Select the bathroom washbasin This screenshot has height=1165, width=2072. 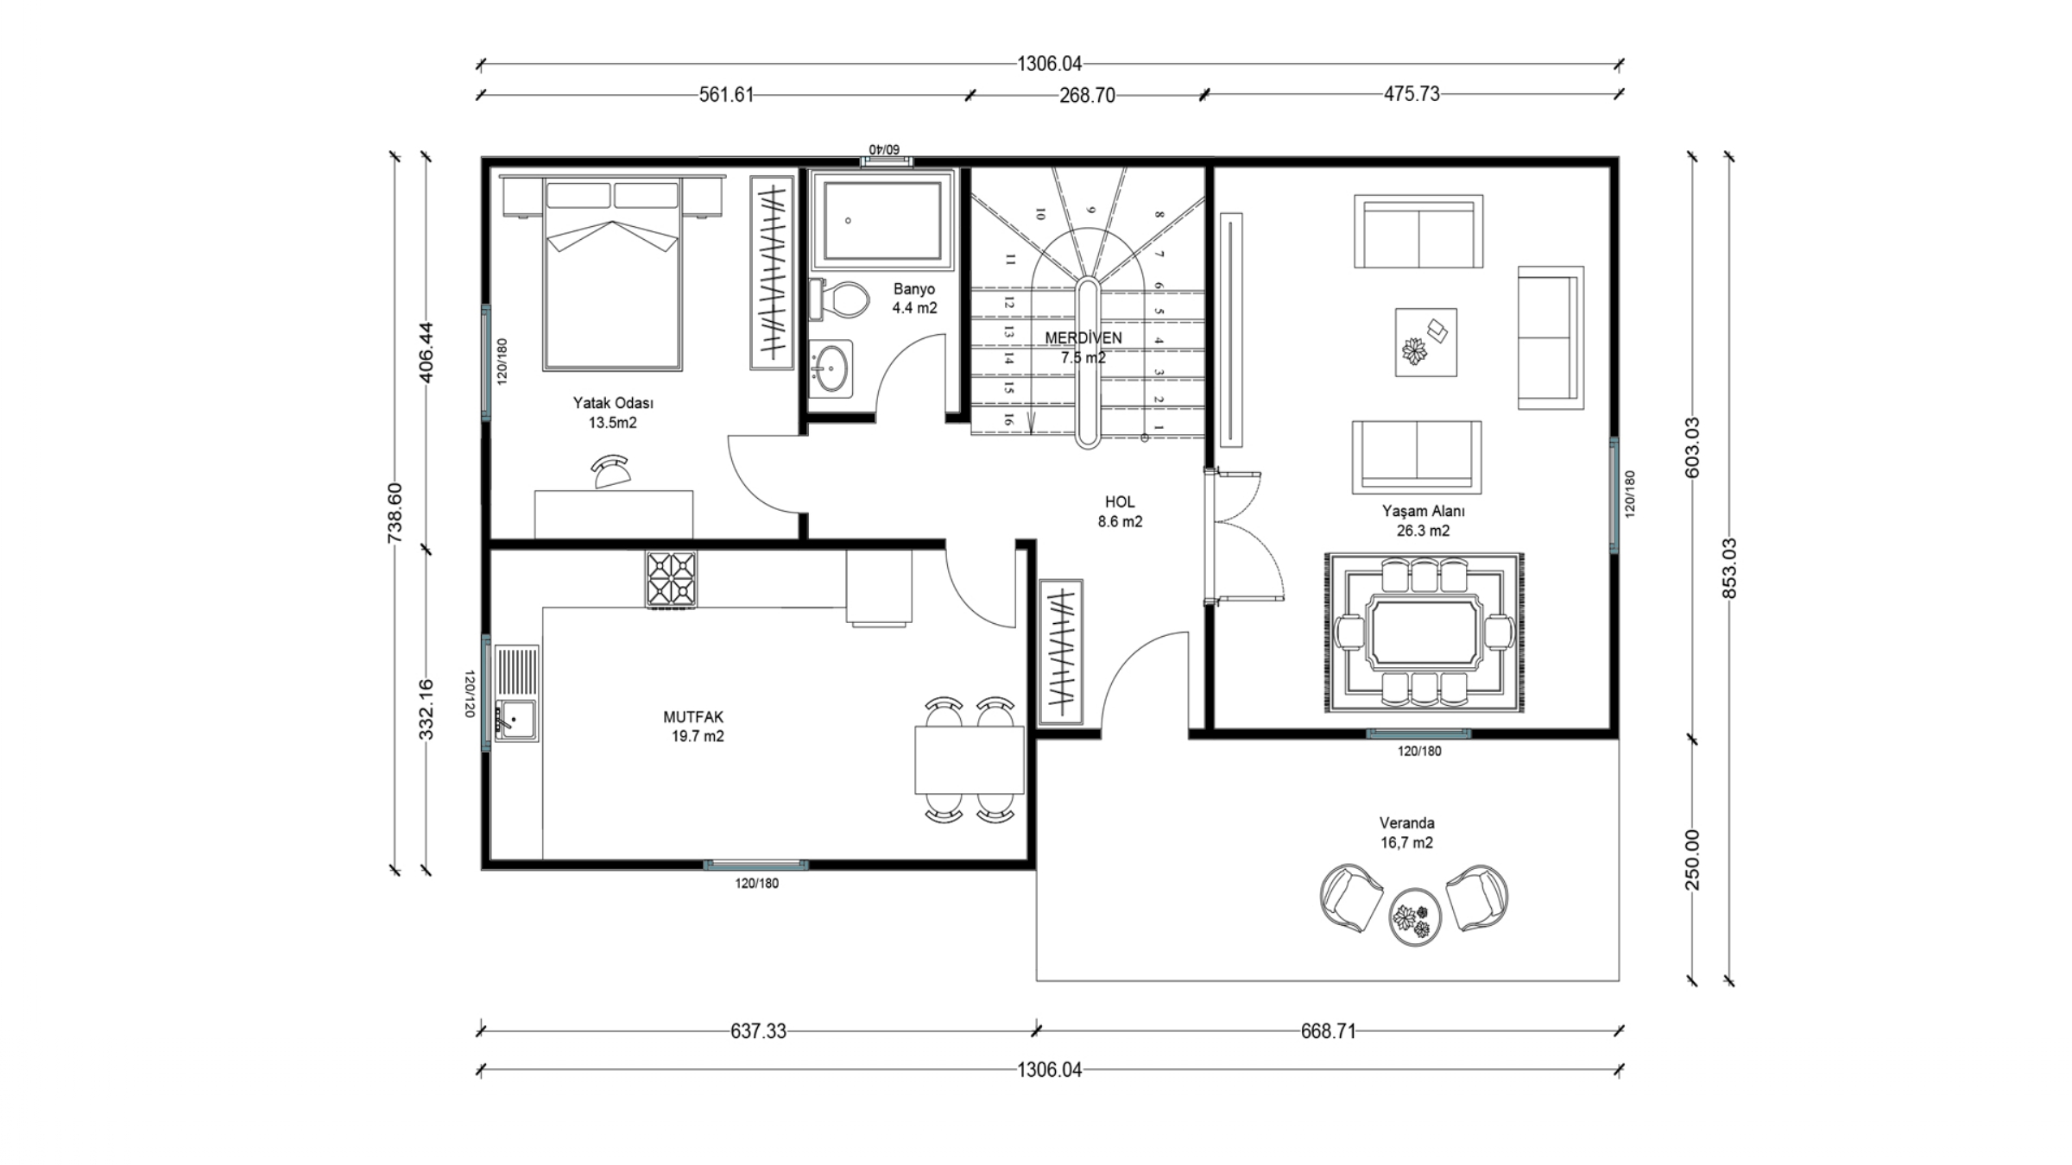coord(831,368)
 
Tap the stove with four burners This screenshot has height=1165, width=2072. coord(671,578)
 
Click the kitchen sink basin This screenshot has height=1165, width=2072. coord(516,719)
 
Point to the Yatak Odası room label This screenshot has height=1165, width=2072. coord(613,403)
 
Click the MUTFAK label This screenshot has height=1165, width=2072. coord(693,717)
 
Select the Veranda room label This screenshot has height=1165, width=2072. coord(1406,823)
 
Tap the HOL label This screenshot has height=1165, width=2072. coord(1120,502)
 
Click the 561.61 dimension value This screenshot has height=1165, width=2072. coord(726,95)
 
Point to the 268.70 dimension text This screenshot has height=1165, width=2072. coord(1087,96)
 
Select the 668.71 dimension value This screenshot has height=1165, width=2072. coord(1328,1031)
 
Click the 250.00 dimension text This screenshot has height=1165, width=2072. coord(1692,860)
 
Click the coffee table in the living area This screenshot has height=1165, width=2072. coord(1425,343)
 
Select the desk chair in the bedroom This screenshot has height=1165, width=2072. coord(612,471)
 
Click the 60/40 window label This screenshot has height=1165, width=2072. coord(885,150)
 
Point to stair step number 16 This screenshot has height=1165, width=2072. coord(1008,420)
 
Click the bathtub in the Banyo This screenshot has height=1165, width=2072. coord(882,221)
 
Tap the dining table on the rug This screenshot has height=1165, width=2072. coord(1424,633)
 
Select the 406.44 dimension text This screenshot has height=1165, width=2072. coord(426,352)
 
